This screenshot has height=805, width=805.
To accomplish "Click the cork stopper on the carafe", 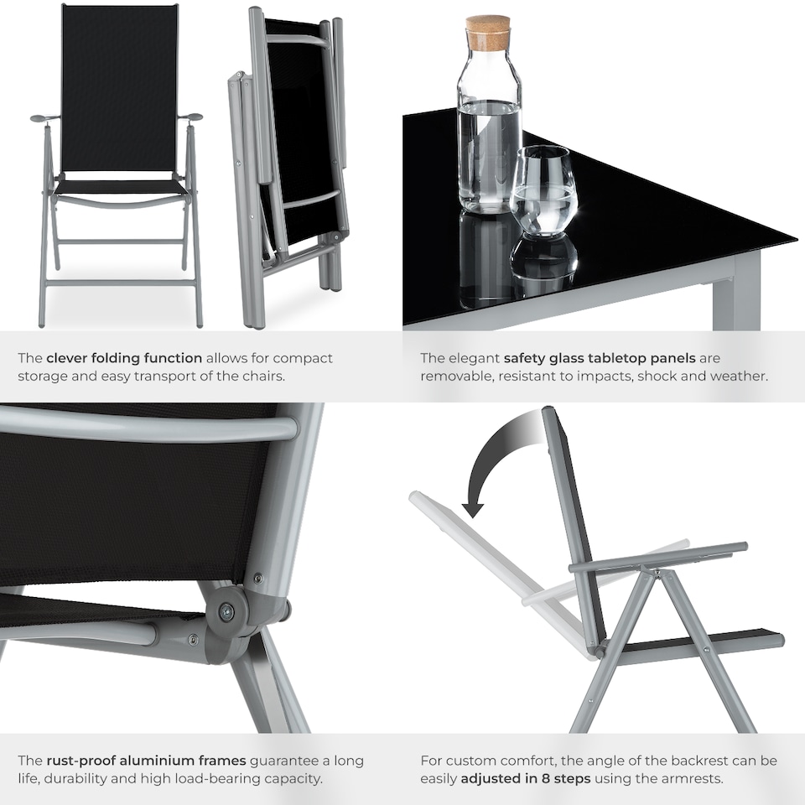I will [489, 33].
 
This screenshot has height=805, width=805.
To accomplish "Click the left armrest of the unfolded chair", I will [43, 118].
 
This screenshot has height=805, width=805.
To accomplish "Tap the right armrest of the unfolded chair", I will [191, 117].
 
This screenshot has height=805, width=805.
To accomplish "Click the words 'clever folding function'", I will [124, 358].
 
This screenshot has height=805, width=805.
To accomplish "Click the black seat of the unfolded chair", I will [120, 186].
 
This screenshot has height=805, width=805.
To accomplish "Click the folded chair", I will [290, 168].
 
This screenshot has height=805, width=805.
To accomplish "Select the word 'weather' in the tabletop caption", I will [740, 377].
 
